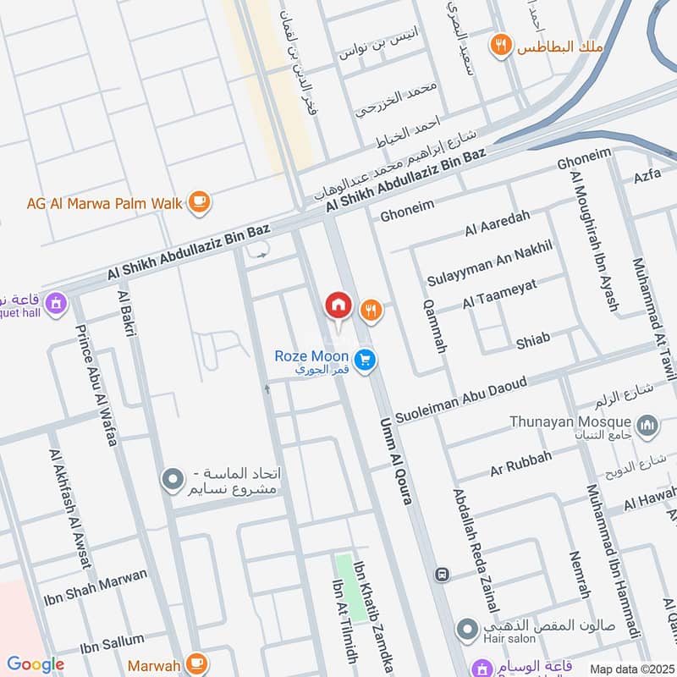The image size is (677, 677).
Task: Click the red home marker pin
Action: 338,305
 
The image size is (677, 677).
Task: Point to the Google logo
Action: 36,664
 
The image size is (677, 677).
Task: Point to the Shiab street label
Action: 533,340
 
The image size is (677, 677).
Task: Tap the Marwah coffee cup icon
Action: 197,662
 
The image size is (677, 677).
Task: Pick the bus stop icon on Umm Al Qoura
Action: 442,575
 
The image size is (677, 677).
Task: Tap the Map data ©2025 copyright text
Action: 630,669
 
